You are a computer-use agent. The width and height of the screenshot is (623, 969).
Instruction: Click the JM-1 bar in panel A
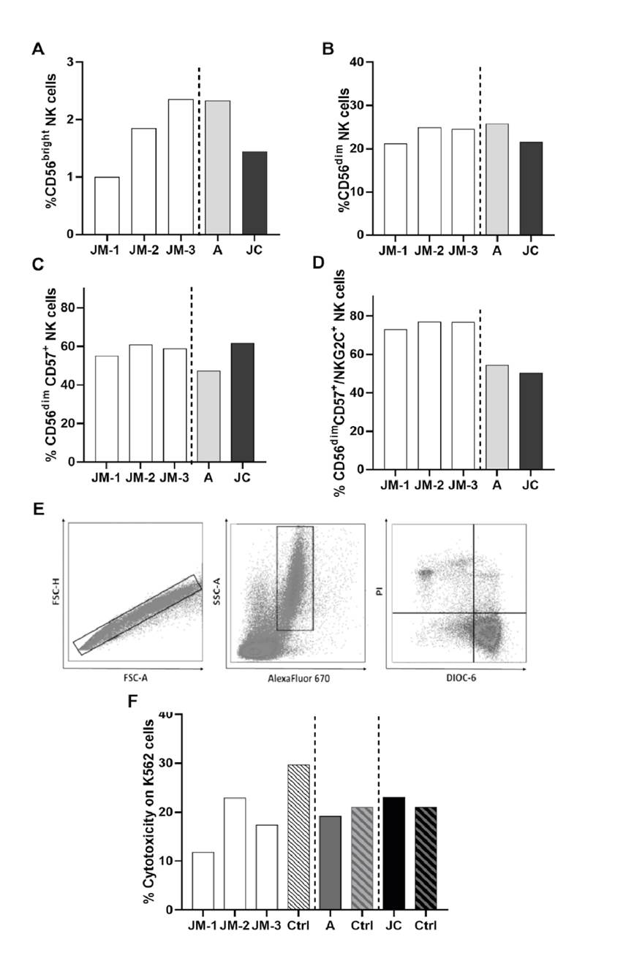click(107, 205)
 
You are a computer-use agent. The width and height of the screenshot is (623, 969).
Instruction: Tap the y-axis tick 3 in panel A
click(69, 63)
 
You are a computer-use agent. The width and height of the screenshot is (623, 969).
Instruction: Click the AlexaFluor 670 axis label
click(294, 678)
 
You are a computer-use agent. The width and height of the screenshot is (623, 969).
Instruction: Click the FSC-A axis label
click(131, 678)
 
